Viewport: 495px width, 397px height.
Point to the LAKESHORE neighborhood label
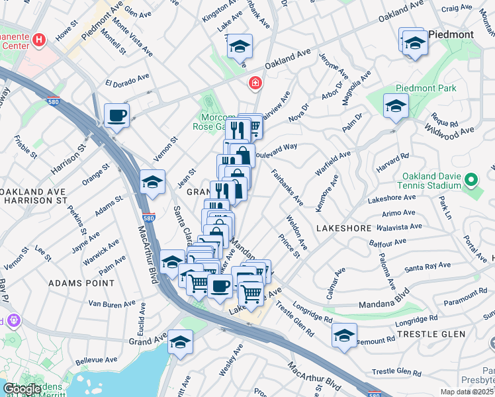[343, 228]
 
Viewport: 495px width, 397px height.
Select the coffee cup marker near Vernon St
[117, 116]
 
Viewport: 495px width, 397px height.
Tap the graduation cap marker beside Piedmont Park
[396, 105]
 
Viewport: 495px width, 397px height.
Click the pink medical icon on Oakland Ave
[253, 83]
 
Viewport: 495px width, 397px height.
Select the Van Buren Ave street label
[112, 304]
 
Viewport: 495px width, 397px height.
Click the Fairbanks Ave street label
[287, 187]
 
